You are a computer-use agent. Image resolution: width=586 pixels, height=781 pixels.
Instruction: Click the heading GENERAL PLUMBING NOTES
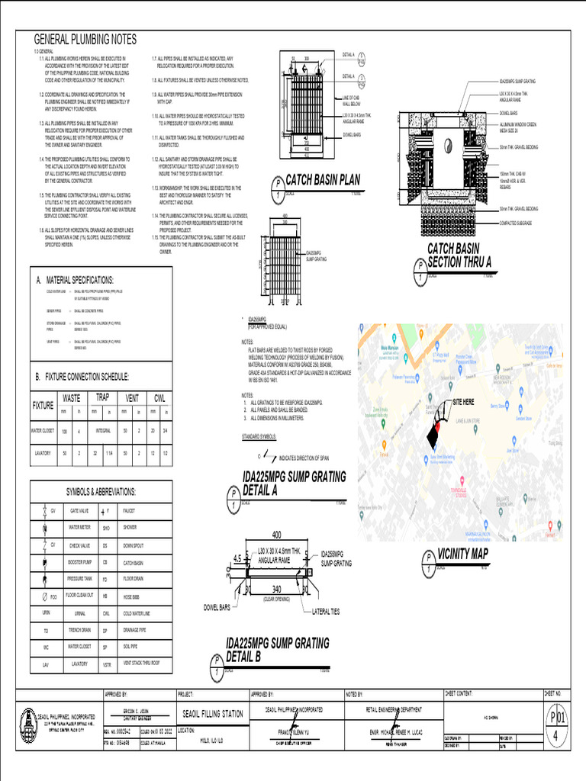(85, 40)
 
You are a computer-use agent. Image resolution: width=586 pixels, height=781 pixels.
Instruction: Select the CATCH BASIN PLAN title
(322, 180)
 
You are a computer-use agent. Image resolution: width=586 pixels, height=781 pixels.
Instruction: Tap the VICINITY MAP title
(463, 554)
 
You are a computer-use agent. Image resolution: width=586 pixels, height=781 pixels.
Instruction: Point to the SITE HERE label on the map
(463, 401)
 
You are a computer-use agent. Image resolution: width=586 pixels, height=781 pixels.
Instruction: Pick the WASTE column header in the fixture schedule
(71, 398)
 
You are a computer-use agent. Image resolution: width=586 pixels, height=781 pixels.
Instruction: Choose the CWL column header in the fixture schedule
(159, 398)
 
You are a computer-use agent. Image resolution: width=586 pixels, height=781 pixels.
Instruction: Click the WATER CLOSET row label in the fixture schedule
(42, 431)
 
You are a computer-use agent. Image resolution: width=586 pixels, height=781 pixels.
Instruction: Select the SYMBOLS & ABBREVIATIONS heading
(101, 492)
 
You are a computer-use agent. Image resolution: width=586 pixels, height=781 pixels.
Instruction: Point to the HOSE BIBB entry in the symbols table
(131, 596)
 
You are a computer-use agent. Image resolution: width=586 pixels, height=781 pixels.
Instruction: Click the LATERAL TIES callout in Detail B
(329, 612)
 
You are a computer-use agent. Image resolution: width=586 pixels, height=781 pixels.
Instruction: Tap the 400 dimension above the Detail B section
(276, 534)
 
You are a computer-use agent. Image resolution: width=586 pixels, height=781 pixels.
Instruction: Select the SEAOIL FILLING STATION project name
(213, 714)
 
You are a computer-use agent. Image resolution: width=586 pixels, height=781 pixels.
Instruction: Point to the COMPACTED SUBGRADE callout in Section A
(518, 223)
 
